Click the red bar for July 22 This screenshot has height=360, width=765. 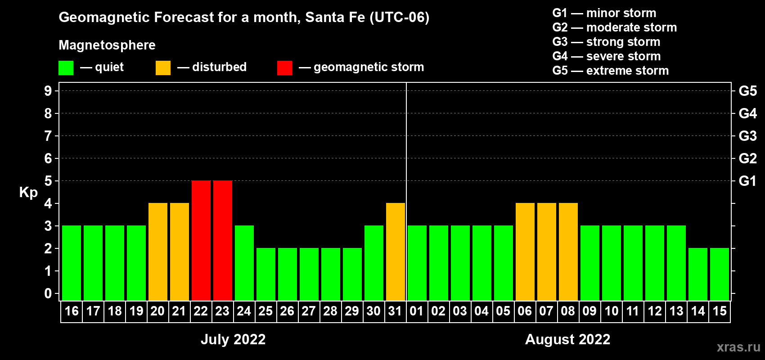[x=201, y=240]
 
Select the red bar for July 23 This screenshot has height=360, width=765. [x=223, y=240]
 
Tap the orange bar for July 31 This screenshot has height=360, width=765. [x=396, y=252]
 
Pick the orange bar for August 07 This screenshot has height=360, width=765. [x=547, y=252]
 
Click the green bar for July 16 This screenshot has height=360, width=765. [x=72, y=263]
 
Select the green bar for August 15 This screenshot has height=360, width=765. [x=720, y=274]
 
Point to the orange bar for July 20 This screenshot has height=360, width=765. [x=158, y=252]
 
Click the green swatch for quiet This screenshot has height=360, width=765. [x=66, y=68]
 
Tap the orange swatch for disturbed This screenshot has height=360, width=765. [x=163, y=68]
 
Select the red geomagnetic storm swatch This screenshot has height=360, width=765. [x=284, y=68]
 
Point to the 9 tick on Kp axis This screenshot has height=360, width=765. [x=48, y=91]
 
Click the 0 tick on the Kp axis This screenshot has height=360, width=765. [x=48, y=294]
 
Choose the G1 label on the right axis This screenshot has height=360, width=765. [x=747, y=181]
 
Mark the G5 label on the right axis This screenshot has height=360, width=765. [x=747, y=91]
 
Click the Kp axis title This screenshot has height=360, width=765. [x=28, y=192]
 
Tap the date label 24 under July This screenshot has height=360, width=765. [x=244, y=311]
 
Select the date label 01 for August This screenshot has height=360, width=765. [x=417, y=311]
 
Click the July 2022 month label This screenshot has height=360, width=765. [x=233, y=339]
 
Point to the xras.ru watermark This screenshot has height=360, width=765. [x=738, y=347]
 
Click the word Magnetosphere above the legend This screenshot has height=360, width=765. [x=107, y=45]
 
